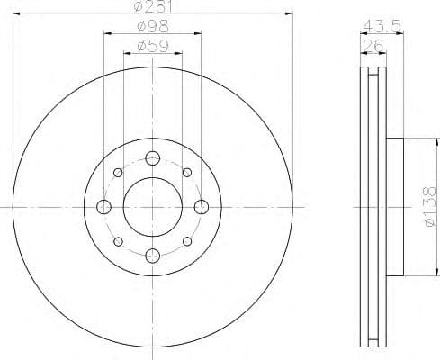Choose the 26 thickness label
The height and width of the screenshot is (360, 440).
pos(370,44)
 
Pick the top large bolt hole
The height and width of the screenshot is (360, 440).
pos(152,157)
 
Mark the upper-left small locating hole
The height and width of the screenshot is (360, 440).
pos(118,173)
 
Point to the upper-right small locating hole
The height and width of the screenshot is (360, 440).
pos(187,173)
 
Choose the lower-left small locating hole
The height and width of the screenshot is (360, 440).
pos(118,241)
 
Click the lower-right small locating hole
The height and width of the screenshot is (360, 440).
pos(187,241)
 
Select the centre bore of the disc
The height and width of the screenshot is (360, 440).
pos(152,207)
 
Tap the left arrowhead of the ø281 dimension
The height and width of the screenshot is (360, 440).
pos(18,13)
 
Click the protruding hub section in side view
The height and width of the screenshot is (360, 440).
pos(395,207)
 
